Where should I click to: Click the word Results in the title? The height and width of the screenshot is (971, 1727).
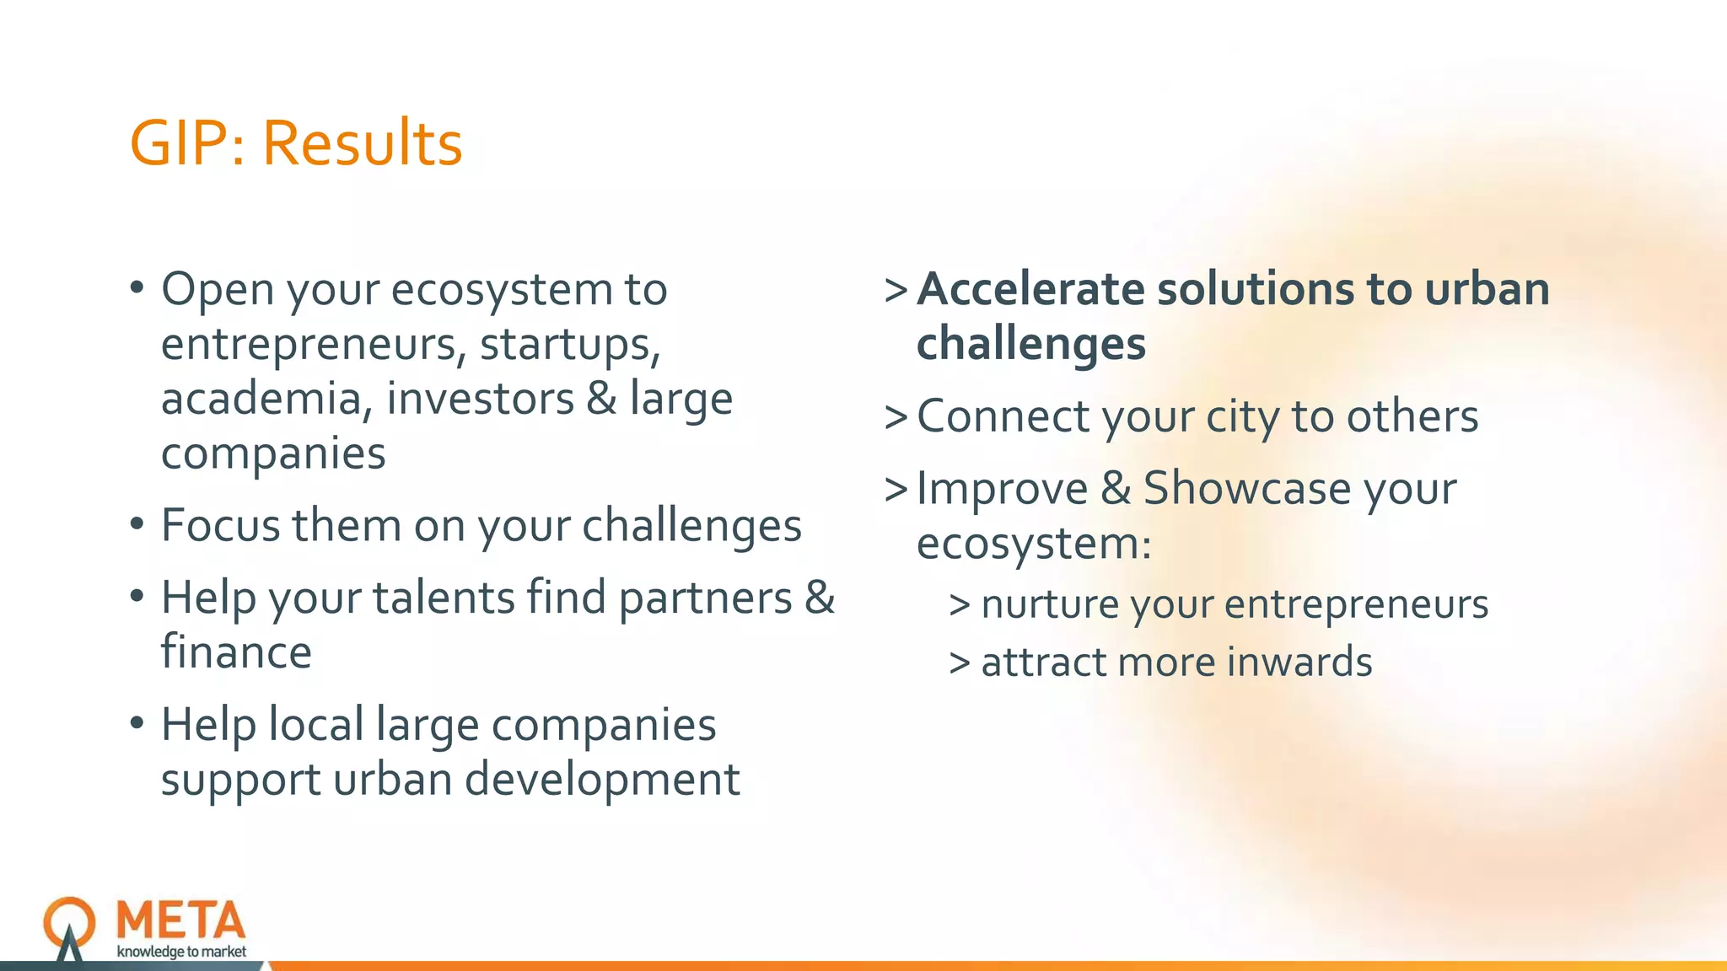coord(362,143)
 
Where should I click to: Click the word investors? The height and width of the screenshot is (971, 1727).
coord(480,399)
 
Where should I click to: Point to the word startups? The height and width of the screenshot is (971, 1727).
coord(570,345)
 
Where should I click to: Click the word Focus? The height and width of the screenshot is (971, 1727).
coord(220,526)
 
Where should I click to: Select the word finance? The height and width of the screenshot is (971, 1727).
coord(236,653)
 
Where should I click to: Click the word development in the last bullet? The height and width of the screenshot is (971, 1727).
coord(602,779)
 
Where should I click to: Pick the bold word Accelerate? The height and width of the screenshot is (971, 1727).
coord(1030,289)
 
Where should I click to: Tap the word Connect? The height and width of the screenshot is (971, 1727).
coord(1003,416)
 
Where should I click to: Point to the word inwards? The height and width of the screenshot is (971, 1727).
coord(1299,663)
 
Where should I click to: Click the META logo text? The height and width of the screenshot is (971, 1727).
coord(181,920)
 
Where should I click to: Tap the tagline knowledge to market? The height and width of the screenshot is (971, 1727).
coord(181,952)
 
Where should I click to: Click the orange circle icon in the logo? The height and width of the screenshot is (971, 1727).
coord(69,921)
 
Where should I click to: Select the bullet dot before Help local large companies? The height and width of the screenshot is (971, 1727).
coord(137,724)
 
